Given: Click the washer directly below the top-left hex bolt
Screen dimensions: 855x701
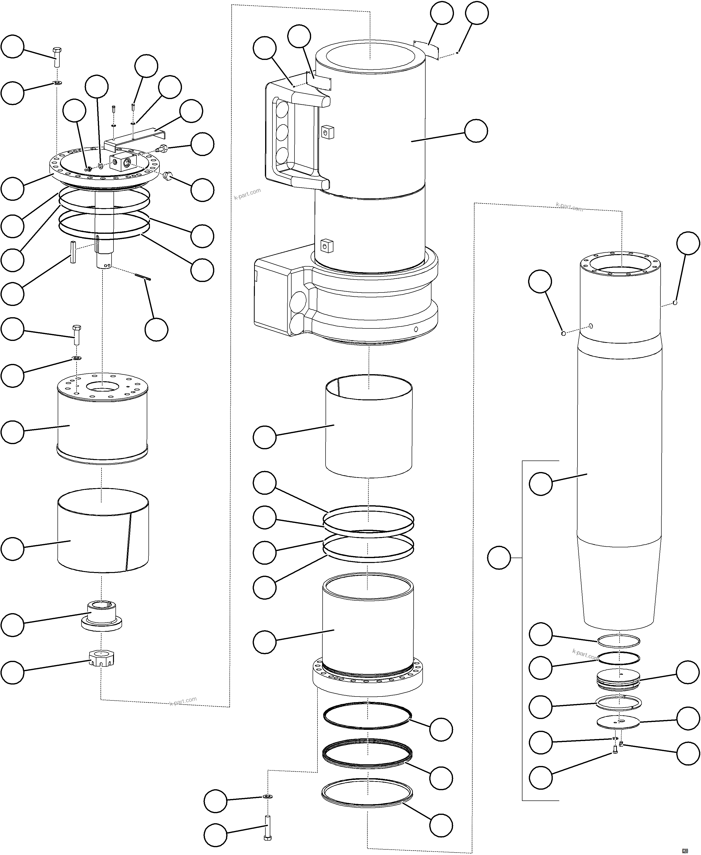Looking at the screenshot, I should (x=57, y=83).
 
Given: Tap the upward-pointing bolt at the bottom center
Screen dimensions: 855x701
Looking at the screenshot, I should (x=267, y=828).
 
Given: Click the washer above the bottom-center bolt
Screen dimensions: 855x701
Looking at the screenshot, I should (x=267, y=797).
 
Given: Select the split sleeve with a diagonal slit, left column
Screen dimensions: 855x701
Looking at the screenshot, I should (x=103, y=531).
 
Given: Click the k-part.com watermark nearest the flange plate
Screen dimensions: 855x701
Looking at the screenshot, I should (x=247, y=194).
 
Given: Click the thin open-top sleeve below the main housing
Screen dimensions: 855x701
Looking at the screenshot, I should (x=368, y=428).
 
